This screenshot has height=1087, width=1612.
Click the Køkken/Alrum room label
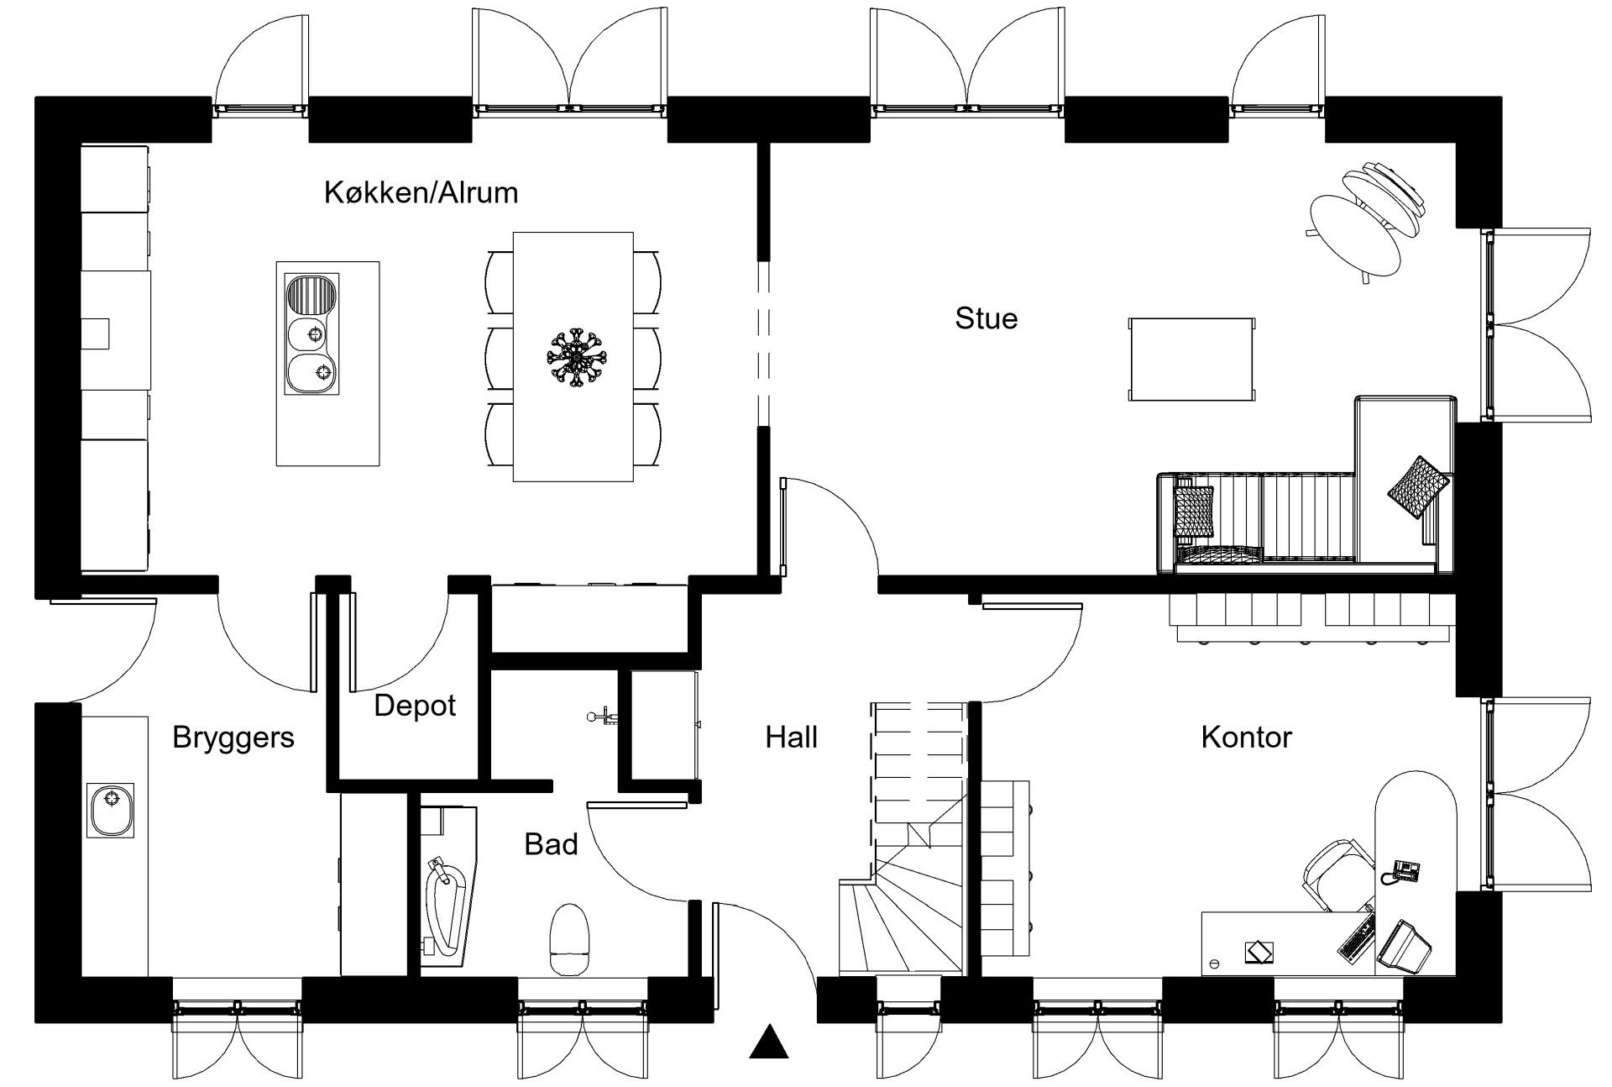click(421, 193)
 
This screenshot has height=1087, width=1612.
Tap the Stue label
click(987, 318)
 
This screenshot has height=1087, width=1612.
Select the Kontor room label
click(1246, 738)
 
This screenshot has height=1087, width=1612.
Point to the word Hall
click(791, 738)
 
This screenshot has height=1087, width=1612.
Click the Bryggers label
click(233, 738)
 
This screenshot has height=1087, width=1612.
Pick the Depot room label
click(415, 706)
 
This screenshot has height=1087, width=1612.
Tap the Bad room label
click(551, 844)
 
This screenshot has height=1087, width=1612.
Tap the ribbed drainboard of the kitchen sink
click(311, 296)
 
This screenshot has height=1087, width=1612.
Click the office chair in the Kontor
click(1337, 875)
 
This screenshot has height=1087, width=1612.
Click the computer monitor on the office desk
click(1403, 948)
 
